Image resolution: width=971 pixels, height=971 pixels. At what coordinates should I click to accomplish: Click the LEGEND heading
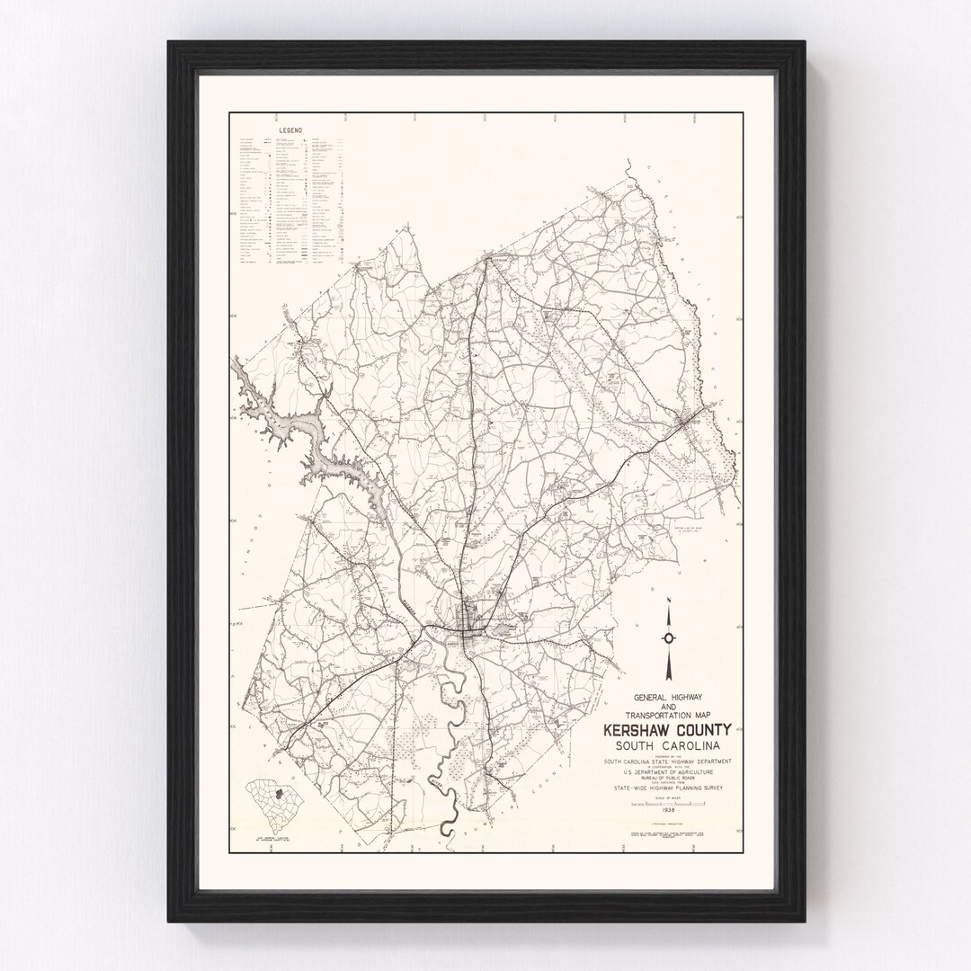tap(289, 130)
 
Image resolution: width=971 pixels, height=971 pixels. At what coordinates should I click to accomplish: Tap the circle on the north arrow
tap(668, 637)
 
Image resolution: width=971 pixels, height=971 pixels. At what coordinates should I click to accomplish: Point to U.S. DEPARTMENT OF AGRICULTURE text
tap(667, 771)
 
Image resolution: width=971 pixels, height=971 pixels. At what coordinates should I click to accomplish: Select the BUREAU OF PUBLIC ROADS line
tap(667, 778)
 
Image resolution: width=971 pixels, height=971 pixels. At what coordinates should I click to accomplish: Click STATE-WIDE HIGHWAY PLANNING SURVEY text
tap(667, 788)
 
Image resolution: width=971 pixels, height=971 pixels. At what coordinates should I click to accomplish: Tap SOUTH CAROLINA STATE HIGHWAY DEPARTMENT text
tap(667, 762)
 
